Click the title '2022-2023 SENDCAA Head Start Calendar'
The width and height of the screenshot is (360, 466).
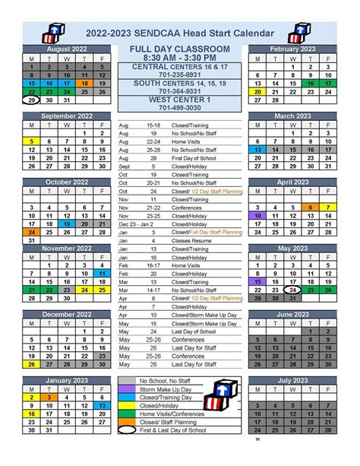(181, 33)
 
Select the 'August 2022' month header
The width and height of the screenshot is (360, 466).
(67, 49)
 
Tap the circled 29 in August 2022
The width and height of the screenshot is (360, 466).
(32, 100)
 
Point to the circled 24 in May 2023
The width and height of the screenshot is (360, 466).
(292, 290)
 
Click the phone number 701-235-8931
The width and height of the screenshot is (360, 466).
(180, 75)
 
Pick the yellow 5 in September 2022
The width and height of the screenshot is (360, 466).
(32, 141)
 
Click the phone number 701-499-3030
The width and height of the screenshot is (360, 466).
(180, 108)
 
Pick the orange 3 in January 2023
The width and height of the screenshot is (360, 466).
(49, 397)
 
